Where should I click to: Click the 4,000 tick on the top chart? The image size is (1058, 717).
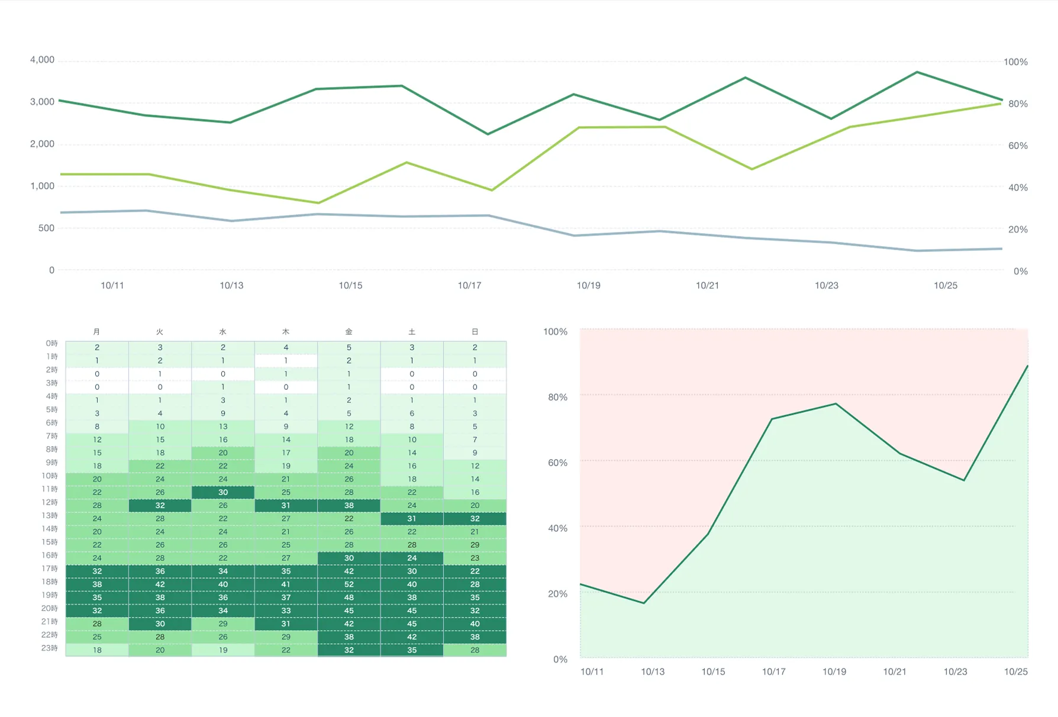pos(42,60)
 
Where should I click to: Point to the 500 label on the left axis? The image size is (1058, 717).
pos(46,228)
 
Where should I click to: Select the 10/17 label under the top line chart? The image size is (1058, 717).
pos(469,286)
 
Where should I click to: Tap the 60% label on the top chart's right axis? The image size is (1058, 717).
pos(1018,146)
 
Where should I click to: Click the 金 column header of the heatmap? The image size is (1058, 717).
pos(349,332)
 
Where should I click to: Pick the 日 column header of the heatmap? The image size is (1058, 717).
pos(475,332)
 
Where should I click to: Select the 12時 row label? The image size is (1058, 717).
pos(50,502)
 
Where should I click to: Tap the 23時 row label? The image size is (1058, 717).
pos(50,648)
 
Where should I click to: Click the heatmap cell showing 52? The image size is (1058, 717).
pos(349,584)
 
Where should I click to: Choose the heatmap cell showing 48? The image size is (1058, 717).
pos(349,597)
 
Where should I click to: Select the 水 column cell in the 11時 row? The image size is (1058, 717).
pos(222,492)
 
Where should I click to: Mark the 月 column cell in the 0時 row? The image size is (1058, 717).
pos(97,348)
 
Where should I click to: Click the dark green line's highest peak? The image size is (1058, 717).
pos(917,72)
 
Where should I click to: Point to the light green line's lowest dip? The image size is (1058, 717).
pos(318,203)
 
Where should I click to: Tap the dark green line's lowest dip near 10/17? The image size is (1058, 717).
pos(488,134)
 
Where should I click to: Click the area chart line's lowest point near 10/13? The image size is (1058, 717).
pos(643,603)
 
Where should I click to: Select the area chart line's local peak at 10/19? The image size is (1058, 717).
pos(836,404)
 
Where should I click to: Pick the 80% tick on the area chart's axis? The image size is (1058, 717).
pos(557,398)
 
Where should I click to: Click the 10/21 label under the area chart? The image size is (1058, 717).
pos(894,672)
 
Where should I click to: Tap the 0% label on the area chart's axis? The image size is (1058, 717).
pos(560,660)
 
